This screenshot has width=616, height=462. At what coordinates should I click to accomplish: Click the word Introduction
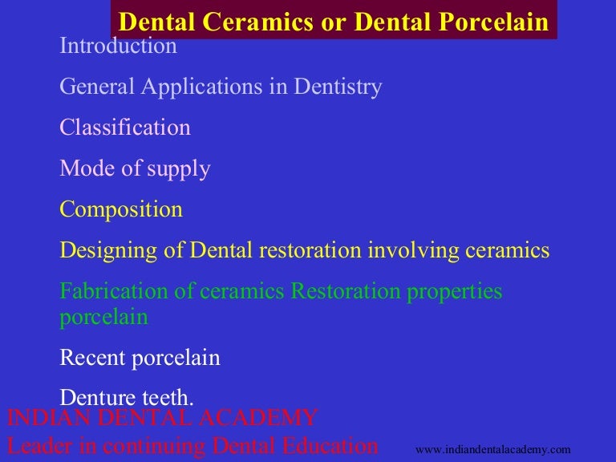(118, 46)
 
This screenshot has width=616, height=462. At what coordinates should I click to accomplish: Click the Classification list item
(125, 128)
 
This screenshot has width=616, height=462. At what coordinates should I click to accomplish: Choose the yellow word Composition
(121, 210)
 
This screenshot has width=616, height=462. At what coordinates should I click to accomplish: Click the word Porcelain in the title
(496, 22)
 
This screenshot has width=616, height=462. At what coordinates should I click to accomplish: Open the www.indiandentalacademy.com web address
(492, 450)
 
